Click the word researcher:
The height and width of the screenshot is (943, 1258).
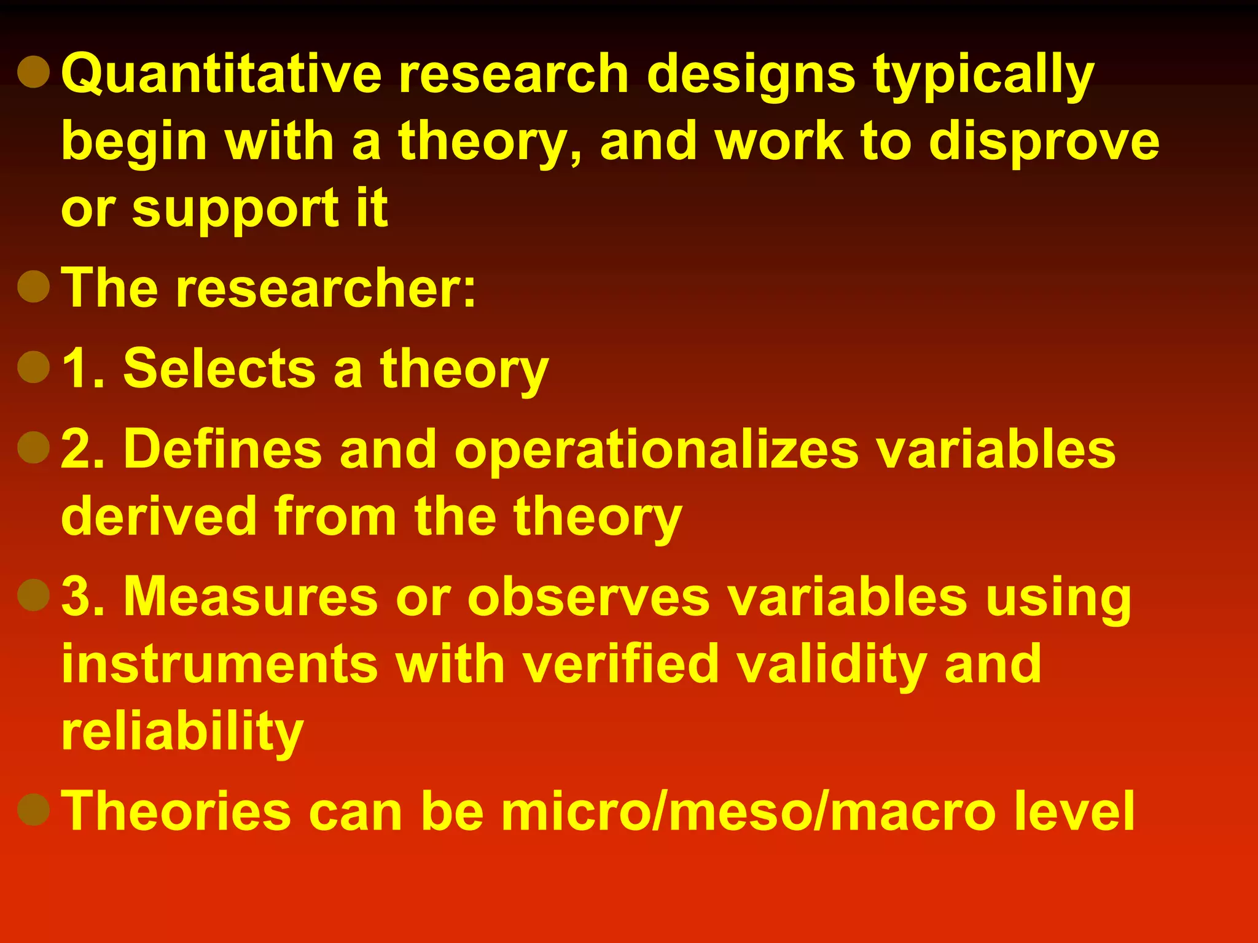coord(326,289)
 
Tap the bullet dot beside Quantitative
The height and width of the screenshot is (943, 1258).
coord(34,72)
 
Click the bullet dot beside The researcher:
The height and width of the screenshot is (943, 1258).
coord(34,286)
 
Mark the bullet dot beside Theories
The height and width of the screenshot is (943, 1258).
coord(34,809)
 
